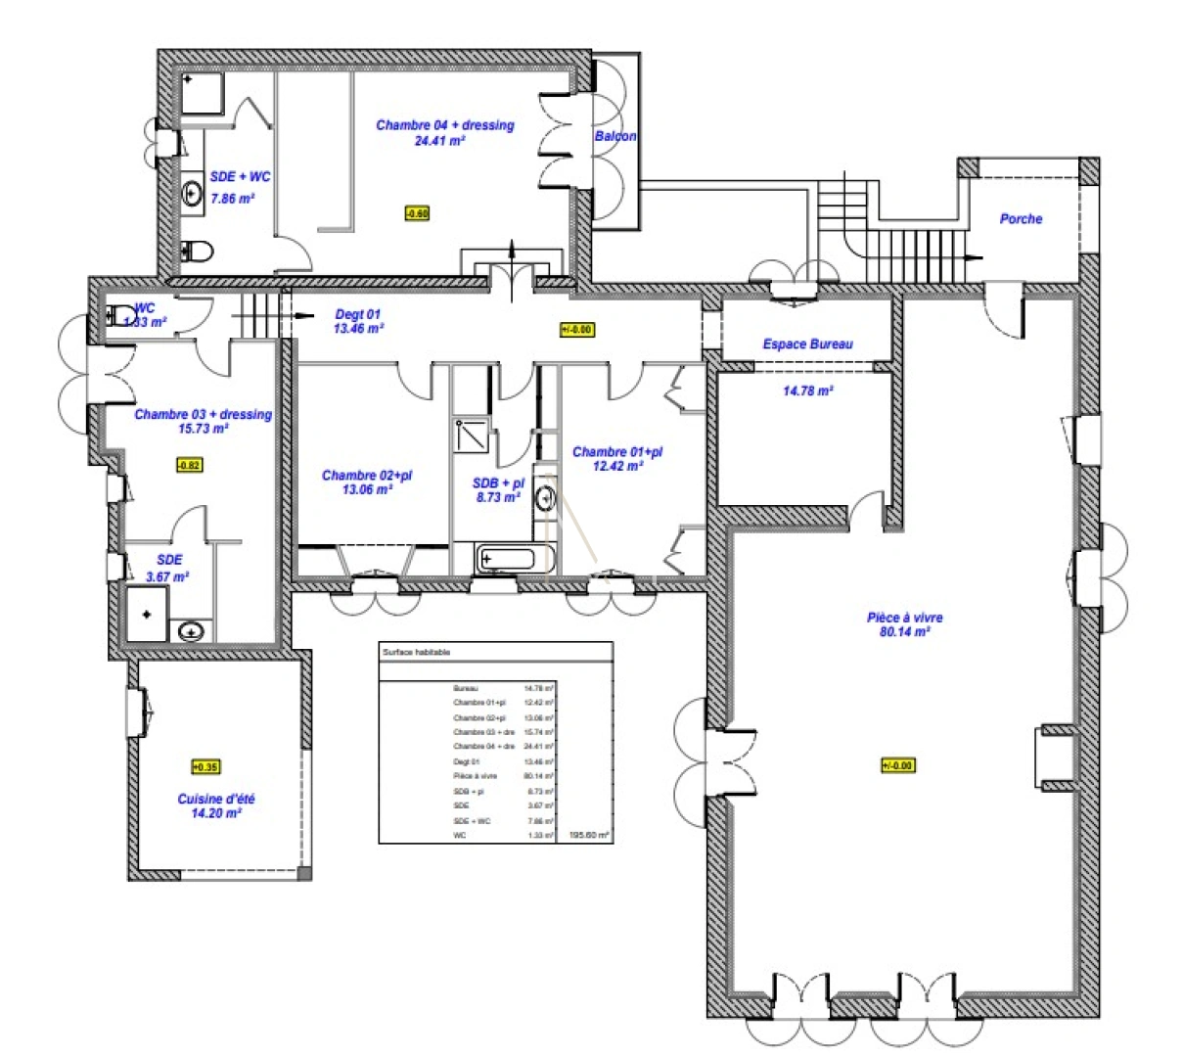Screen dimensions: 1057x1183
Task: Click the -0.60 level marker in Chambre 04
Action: (x=417, y=212)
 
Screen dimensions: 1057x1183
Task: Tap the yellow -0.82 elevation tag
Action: (x=189, y=465)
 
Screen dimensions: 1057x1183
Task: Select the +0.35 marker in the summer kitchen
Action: (x=205, y=767)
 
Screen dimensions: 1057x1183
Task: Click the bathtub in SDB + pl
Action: (x=506, y=560)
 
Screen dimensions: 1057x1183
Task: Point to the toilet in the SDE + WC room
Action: (x=198, y=252)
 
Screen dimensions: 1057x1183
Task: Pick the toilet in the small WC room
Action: (x=123, y=315)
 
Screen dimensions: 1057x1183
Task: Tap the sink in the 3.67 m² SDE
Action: (x=191, y=631)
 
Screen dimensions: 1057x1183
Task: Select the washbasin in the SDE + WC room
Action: (x=191, y=194)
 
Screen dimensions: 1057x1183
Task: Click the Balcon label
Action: (x=615, y=136)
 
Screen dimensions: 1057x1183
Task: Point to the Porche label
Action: (x=1021, y=219)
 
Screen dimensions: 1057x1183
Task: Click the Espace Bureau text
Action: (x=807, y=345)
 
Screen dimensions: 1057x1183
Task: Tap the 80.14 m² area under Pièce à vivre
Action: (x=904, y=632)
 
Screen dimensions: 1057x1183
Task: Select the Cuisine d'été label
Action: (x=216, y=800)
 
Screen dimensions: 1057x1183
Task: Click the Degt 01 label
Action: (x=358, y=315)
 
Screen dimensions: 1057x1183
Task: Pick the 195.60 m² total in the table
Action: (x=589, y=836)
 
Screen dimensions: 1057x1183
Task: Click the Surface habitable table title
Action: (x=417, y=652)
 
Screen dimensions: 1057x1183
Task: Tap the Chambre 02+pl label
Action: (x=367, y=476)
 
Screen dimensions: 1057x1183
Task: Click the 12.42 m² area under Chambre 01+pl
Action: (x=617, y=467)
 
